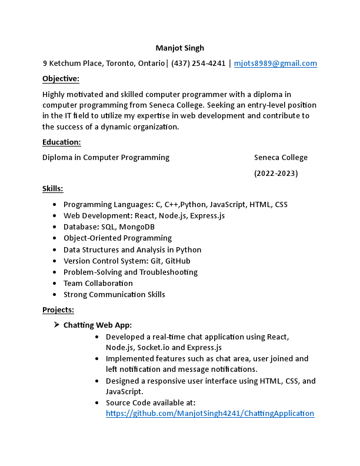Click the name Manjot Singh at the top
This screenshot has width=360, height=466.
tap(179, 48)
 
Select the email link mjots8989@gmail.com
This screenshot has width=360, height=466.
tap(275, 64)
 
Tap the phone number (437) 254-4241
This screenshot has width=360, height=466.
tap(198, 64)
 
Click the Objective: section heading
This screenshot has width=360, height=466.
tap(61, 79)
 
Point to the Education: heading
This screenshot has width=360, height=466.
tap(61, 142)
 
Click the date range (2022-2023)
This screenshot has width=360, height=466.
tap(276, 174)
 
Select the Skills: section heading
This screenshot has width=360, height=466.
tap(52, 189)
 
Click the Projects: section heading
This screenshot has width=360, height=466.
tap(58, 310)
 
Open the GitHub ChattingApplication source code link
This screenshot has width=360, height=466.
tap(210, 414)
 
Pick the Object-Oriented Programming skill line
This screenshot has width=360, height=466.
tap(118, 238)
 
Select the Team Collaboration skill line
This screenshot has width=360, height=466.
tap(98, 283)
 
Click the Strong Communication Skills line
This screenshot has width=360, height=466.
tap(114, 294)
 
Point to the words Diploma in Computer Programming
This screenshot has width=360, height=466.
tap(106, 157)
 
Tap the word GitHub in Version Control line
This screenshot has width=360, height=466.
tap(178, 261)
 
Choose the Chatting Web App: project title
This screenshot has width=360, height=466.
tap(98, 325)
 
